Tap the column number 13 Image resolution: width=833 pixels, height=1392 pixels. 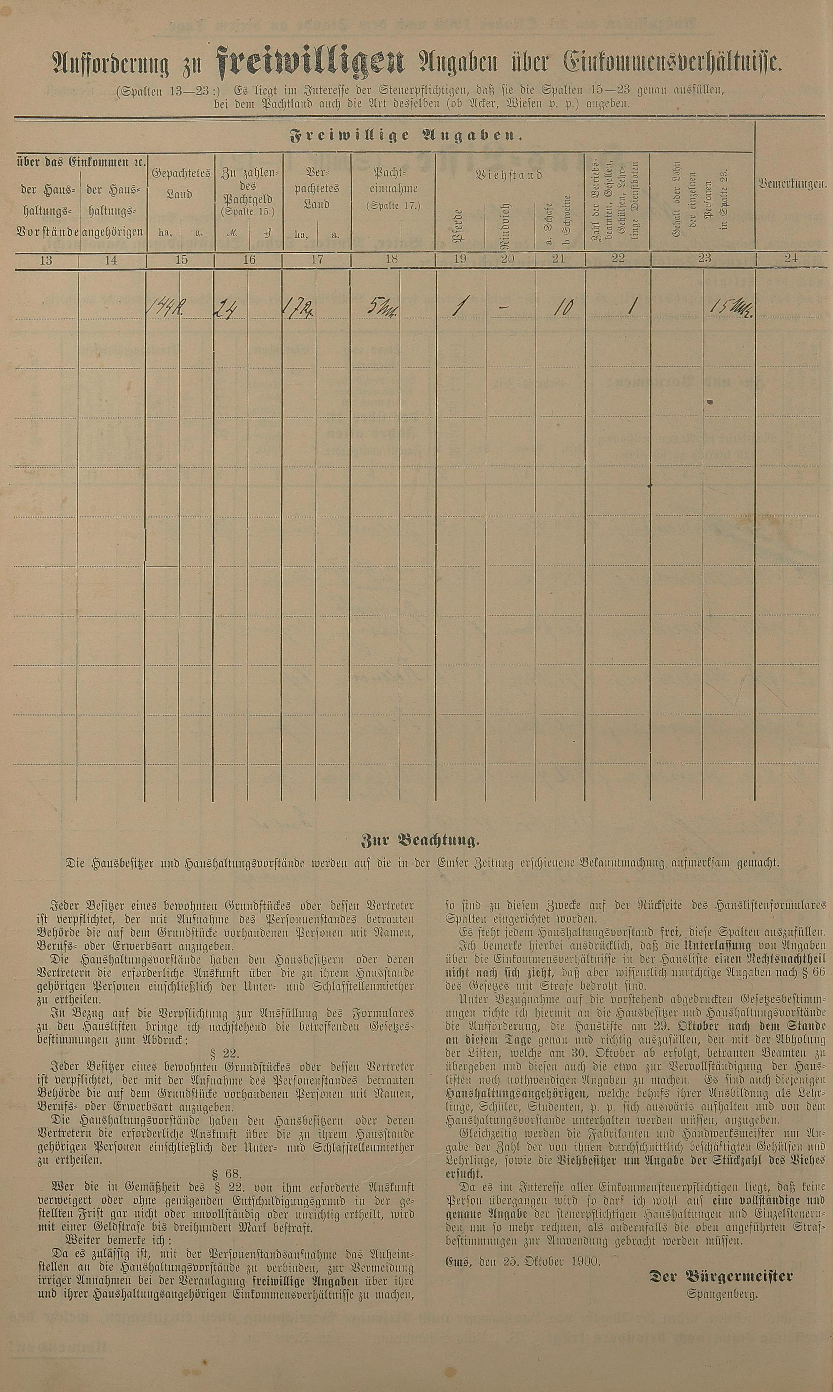coord(46,259)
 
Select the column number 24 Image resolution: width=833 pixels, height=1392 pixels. coord(791,259)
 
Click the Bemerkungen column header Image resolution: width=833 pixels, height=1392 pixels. coord(792,184)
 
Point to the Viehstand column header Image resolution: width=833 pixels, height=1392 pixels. coord(509,175)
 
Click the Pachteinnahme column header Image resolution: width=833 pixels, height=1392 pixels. coord(392,189)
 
